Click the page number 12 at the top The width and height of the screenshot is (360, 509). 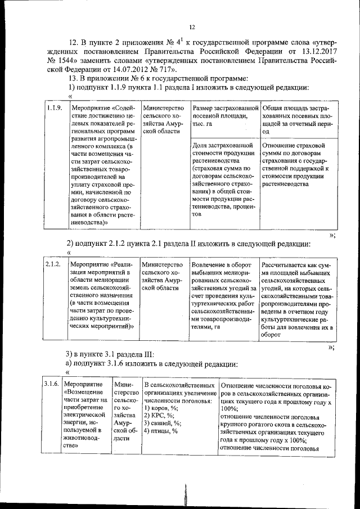(x=192, y=27)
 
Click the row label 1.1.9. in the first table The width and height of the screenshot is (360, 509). (x=55, y=107)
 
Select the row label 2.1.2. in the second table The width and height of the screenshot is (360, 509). (x=53, y=264)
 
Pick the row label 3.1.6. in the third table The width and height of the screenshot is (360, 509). (x=52, y=384)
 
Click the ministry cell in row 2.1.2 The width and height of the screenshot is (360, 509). (x=163, y=276)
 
